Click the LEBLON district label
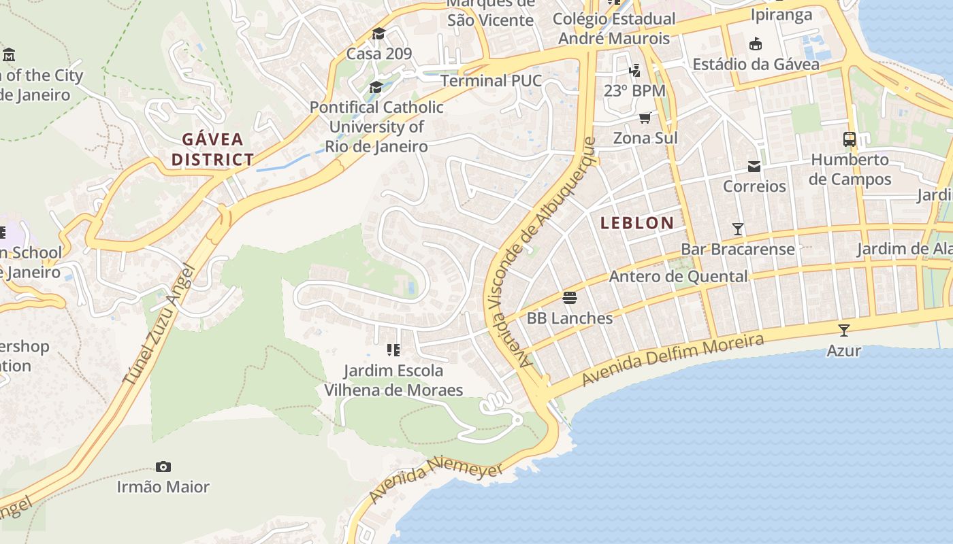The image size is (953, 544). pyautogui.click(x=637, y=222)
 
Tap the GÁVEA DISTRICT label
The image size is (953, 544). pyautogui.click(x=212, y=150)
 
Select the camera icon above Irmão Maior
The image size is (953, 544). pyautogui.click(x=163, y=466)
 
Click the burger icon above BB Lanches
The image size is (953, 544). pyautogui.click(x=570, y=297)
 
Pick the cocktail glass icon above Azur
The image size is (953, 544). pyautogui.click(x=844, y=330)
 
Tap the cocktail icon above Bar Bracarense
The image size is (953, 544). pyautogui.click(x=738, y=228)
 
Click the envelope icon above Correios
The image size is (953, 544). pyautogui.click(x=754, y=166)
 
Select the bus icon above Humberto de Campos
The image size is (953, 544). pyautogui.click(x=850, y=139)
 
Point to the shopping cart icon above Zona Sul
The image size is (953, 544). pyautogui.click(x=645, y=118)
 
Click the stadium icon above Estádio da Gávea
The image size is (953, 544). pyautogui.click(x=755, y=44)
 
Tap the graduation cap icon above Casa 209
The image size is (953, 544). pyautogui.click(x=378, y=33)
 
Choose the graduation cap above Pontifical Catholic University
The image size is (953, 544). pyautogui.click(x=376, y=87)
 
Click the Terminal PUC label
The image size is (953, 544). pyautogui.click(x=491, y=81)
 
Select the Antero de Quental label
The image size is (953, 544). pyautogui.click(x=678, y=276)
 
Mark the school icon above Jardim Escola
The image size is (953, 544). pyautogui.click(x=393, y=350)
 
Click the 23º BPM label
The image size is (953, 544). pyautogui.click(x=634, y=90)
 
